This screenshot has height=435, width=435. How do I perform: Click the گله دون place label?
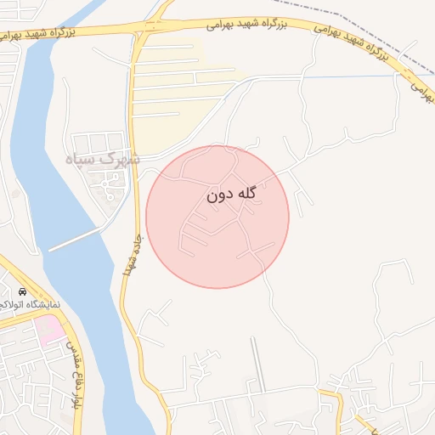(231, 195)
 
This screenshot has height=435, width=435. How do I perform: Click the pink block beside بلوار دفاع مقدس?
(51, 329)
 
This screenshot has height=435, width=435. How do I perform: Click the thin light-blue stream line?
(357, 76)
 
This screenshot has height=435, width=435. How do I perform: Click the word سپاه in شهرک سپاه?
(82, 159)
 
